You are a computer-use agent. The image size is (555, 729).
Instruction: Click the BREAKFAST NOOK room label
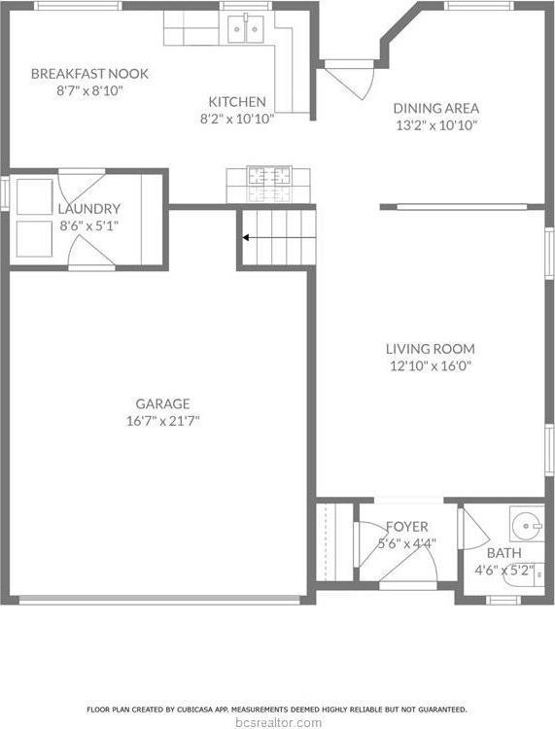pyautogui.click(x=88, y=73)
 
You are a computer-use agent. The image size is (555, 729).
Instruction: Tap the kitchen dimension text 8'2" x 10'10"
pyautogui.click(x=237, y=119)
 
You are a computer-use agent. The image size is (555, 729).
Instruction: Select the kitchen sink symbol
pyautogui.click(x=244, y=32)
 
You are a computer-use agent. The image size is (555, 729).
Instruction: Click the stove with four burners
pyautogui.click(x=268, y=177)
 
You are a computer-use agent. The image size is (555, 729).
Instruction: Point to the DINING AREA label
pyautogui.click(x=435, y=108)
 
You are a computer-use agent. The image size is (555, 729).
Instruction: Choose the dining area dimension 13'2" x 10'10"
pyautogui.click(x=435, y=125)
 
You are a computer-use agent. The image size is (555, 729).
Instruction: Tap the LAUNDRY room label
pyautogui.click(x=88, y=208)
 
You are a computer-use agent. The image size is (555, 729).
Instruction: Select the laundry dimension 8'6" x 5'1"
pyautogui.click(x=88, y=226)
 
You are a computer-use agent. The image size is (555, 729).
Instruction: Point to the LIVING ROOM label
pyautogui.click(x=430, y=349)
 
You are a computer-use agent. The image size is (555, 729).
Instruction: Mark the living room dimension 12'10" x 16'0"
pyautogui.click(x=430, y=366)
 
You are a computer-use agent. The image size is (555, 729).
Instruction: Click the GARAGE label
pyautogui.click(x=162, y=403)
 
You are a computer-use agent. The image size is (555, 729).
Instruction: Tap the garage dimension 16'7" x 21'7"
pyautogui.click(x=162, y=421)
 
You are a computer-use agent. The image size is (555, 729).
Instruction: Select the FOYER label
pyautogui.click(x=406, y=527)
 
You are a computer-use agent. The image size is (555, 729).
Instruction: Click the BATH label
pyautogui.click(x=503, y=552)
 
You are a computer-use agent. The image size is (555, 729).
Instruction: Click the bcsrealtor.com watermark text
pyautogui.click(x=278, y=722)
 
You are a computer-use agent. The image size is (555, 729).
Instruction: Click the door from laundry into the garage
pyautogui.click(x=90, y=256)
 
